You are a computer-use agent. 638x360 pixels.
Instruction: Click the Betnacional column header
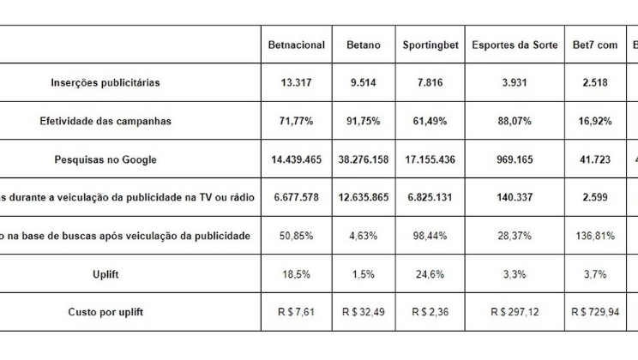click(x=297, y=45)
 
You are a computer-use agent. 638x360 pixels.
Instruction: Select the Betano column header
click(x=364, y=45)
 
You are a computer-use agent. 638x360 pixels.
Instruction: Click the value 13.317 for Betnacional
click(x=297, y=83)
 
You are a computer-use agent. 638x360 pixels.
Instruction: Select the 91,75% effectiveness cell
click(x=364, y=121)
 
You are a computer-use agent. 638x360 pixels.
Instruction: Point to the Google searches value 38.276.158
click(x=364, y=159)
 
